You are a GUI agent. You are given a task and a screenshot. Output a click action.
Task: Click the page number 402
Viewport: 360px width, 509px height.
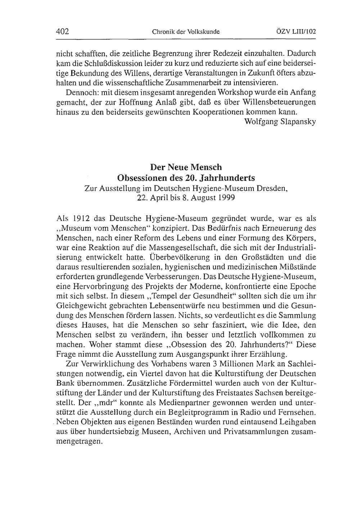[x=63, y=31]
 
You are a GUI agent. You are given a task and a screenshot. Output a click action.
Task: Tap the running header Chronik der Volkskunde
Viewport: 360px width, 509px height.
[x=186, y=32]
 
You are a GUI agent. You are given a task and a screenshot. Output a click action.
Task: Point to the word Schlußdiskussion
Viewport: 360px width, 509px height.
[x=99, y=64]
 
